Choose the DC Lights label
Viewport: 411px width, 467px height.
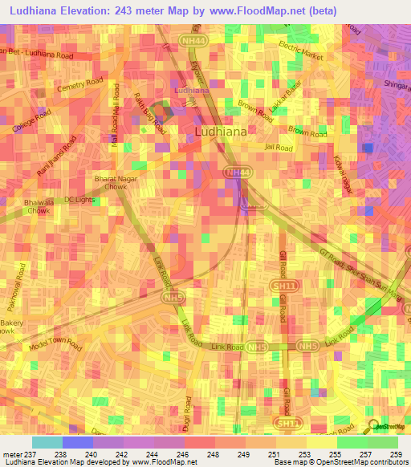(x=80, y=199)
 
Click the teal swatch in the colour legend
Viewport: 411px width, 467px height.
(x=47, y=441)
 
